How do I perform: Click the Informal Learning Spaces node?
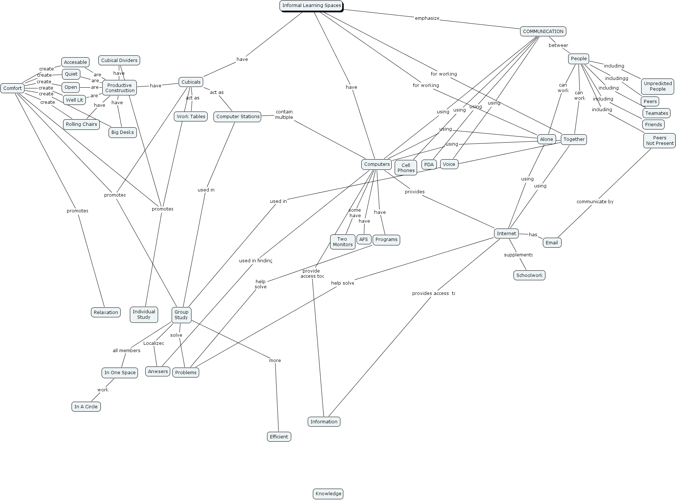[x=311, y=6]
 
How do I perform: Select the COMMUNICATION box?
[x=543, y=32]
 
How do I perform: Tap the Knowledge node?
[x=328, y=494]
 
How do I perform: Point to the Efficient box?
[x=279, y=437]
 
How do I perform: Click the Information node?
[x=324, y=422]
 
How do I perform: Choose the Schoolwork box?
[x=529, y=275]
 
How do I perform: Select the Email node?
[x=552, y=243]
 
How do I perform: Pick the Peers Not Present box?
[x=659, y=141]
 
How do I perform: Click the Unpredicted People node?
[x=658, y=86]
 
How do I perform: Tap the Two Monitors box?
[x=343, y=242]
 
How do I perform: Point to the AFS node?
[x=363, y=240]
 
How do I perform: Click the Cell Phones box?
[x=406, y=168]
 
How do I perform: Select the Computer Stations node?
[x=238, y=117]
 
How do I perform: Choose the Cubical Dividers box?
[x=119, y=61]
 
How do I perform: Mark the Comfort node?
[x=12, y=88]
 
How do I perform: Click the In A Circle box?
[x=86, y=407]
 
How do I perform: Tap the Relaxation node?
[x=106, y=313]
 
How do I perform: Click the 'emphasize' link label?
[x=427, y=18]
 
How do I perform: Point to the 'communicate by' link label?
[x=595, y=202]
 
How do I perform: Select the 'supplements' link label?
[x=518, y=255]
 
